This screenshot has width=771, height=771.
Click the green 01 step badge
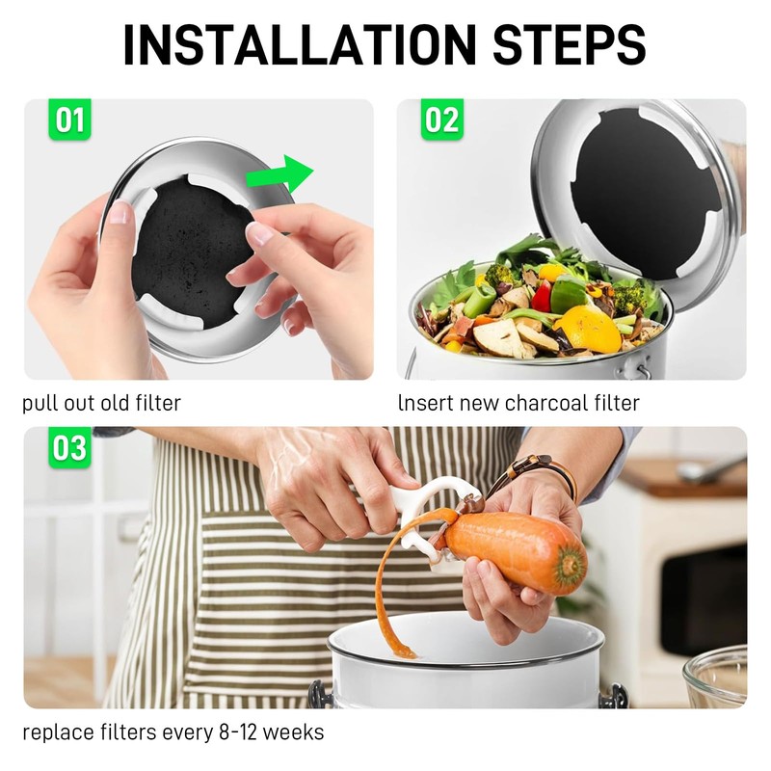point(69,120)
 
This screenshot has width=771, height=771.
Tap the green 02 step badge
point(441,120)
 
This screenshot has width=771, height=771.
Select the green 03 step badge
point(69,448)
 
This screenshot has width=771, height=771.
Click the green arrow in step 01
point(279,174)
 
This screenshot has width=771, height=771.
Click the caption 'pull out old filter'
point(101,403)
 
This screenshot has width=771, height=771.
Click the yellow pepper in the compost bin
point(587,328)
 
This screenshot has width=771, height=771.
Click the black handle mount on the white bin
point(314,695)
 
